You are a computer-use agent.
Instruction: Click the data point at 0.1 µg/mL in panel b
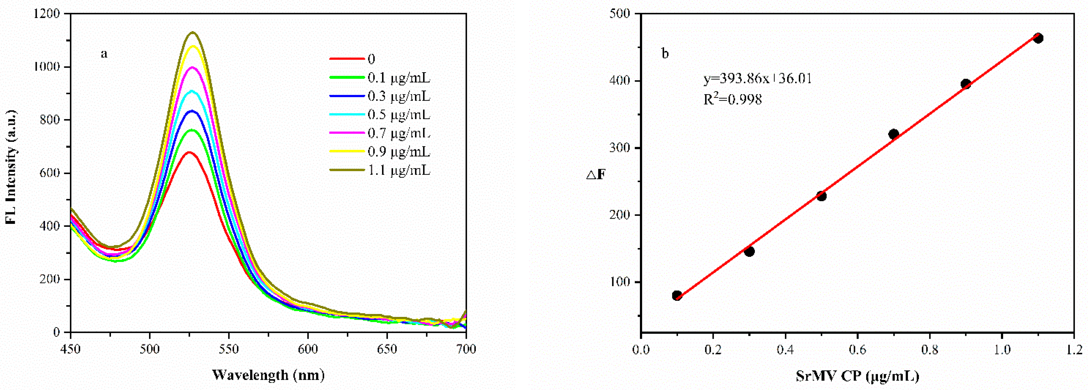677,296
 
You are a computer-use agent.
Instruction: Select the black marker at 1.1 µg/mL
1038,38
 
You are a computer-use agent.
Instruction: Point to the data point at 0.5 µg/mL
822,196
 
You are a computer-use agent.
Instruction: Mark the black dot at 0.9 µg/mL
966,84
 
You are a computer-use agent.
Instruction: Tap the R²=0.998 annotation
733,100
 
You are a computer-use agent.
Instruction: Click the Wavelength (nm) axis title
269,375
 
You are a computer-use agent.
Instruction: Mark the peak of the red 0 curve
189,152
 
